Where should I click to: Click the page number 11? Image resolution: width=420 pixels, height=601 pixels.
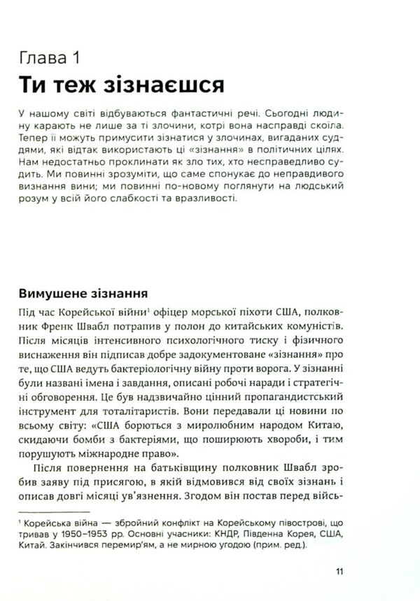[339, 576]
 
